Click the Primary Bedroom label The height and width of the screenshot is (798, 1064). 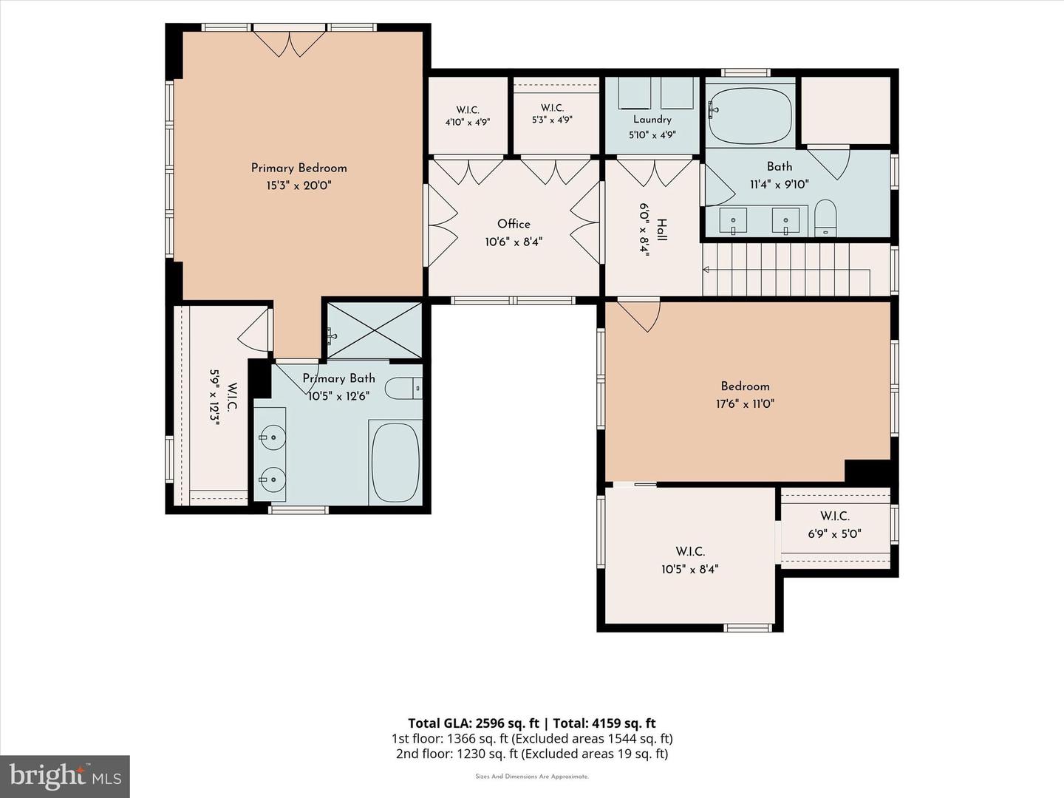(x=299, y=168)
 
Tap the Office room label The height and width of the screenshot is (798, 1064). (x=514, y=224)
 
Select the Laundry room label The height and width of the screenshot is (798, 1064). (x=652, y=120)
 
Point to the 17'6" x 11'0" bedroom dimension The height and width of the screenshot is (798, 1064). (x=745, y=403)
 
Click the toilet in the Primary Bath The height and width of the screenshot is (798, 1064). (x=403, y=389)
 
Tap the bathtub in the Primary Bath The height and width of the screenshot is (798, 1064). (x=395, y=463)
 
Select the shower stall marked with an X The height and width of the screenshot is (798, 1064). (x=374, y=331)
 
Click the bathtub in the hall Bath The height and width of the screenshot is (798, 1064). (x=749, y=116)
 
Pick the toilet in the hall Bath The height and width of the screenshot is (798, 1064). (x=825, y=218)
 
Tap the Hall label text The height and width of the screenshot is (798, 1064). (x=661, y=230)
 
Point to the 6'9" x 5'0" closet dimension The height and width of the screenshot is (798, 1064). (x=834, y=534)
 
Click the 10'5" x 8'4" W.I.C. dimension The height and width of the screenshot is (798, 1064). (x=690, y=569)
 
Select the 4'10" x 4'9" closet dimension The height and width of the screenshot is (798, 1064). (x=468, y=122)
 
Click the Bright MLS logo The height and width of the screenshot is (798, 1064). (x=65, y=776)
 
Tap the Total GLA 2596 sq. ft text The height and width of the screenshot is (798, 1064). (x=474, y=723)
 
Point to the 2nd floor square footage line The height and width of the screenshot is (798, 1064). (x=532, y=754)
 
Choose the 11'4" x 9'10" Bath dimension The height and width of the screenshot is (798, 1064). (x=780, y=184)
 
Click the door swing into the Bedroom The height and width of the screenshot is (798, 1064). (x=639, y=316)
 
